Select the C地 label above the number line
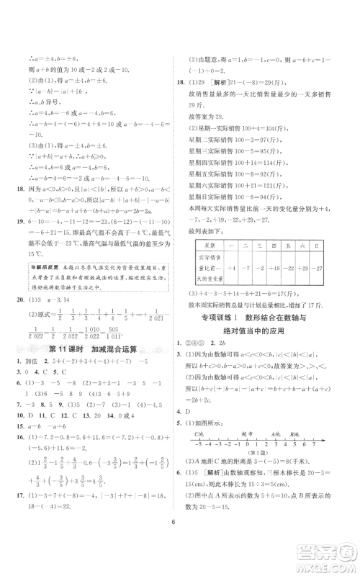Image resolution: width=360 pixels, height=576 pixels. tap(197, 436)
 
